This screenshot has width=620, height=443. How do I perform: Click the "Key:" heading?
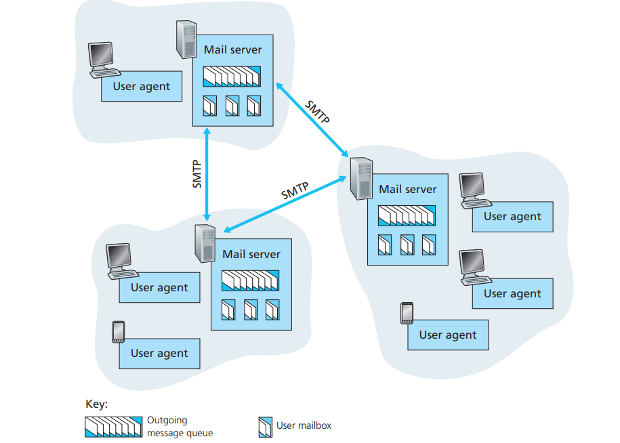click(x=96, y=404)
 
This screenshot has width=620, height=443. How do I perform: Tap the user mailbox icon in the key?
click(x=265, y=427)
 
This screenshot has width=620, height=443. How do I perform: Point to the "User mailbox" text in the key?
click(x=304, y=426)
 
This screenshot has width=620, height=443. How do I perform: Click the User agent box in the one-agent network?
click(x=142, y=87)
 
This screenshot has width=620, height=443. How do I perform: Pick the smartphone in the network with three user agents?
click(x=407, y=313)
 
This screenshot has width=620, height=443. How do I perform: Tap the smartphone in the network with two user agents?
click(x=118, y=332)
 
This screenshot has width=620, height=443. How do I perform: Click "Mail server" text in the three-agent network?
click(x=408, y=190)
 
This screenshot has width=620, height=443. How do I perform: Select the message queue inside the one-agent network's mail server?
click(x=232, y=77)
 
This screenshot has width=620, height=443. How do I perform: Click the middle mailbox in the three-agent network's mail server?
click(x=407, y=245)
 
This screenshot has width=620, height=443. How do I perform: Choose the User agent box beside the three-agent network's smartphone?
click(x=448, y=335)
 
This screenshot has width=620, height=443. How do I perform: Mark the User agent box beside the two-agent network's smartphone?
click(x=159, y=354)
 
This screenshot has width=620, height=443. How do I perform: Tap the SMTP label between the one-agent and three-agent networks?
click(x=317, y=112)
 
